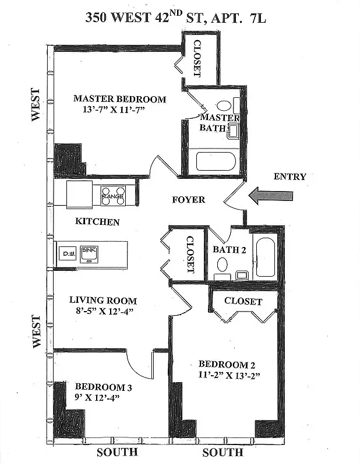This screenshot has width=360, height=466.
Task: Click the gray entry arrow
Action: pos(271,195)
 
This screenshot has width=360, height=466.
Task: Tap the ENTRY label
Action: pos(290,176)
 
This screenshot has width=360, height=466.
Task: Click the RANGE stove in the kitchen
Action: pos(113,196)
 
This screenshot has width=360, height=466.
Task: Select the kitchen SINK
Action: pos(89,254)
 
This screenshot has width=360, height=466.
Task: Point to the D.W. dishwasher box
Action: pos(68,254)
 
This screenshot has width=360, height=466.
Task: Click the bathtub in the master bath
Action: pos(216,161)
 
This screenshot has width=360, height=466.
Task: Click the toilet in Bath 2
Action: pos(223,269)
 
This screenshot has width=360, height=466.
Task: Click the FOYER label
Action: pos(189,199)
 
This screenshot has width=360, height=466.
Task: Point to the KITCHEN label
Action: pos(97,222)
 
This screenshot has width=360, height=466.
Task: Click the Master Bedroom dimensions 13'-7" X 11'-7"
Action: pos(114,110)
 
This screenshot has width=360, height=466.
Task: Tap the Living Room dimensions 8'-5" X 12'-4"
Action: pos(104,311)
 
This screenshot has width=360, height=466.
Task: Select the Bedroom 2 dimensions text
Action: pos(229,375)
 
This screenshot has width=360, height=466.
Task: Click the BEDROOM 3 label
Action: pos(104,387)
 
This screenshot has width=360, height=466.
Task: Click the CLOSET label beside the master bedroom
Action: pos(197,58)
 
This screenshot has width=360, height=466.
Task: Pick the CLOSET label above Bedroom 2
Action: pos(243,301)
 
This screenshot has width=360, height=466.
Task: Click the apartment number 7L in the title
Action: pos(258,19)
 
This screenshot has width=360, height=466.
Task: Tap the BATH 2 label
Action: pos(229,250)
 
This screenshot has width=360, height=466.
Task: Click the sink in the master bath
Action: pos(233,131)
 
